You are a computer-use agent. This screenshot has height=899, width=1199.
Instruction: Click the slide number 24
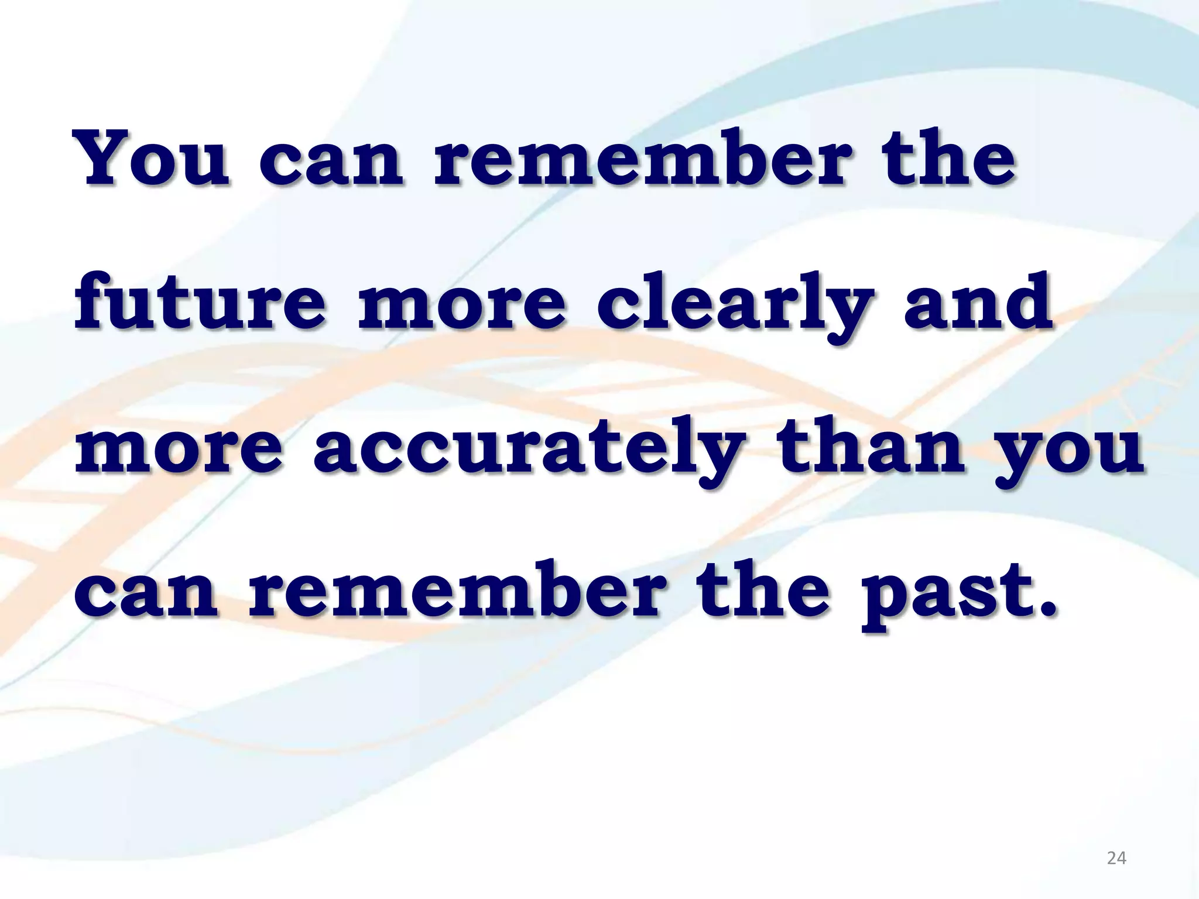(x=1116, y=858)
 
